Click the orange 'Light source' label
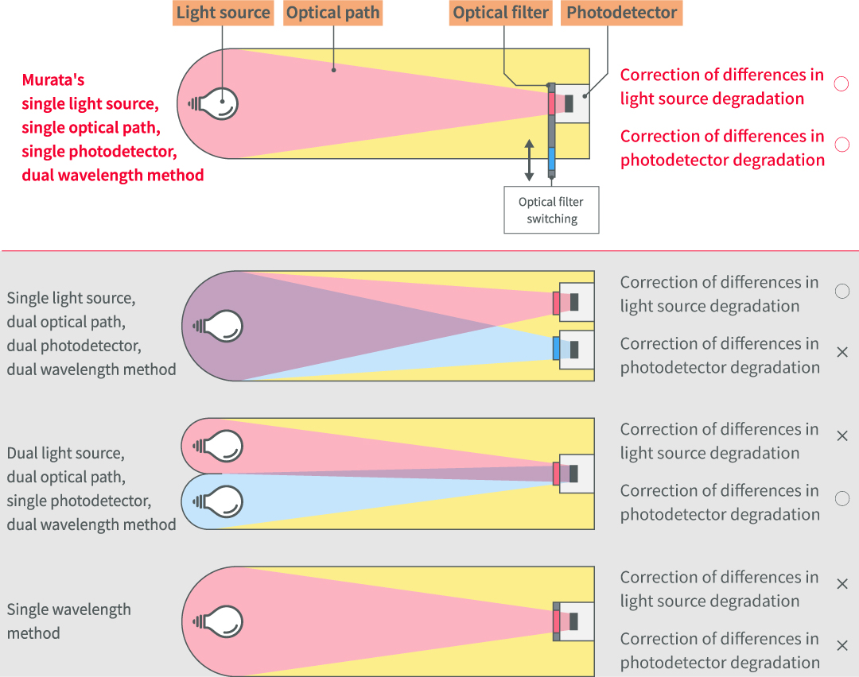tap(223, 13)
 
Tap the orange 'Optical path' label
tap(332, 13)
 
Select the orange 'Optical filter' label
tap(501, 13)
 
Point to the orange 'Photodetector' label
tap(621, 13)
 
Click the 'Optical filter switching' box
tap(551, 211)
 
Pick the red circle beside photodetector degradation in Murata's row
tap(842, 145)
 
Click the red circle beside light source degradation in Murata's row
tap(842, 84)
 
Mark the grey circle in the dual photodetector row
tap(842, 292)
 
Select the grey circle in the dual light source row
tap(842, 499)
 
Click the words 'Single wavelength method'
tap(68, 621)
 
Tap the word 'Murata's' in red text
tap(52, 80)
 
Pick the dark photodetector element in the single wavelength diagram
tap(573, 621)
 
